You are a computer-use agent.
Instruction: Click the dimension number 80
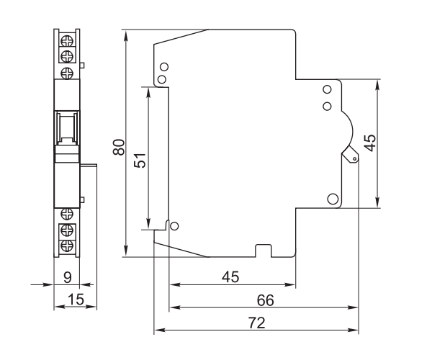pyautogui.click(x=119, y=148)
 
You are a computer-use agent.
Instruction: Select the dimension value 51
pyautogui.click(x=140, y=161)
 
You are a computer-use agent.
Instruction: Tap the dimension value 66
pyautogui.click(x=265, y=300)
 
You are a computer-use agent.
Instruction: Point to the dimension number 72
pyautogui.click(x=257, y=323)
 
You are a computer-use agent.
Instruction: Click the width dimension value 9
pyautogui.click(x=67, y=278)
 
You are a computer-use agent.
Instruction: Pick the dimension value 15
pyautogui.click(x=76, y=300)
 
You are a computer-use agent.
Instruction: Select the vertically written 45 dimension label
pyautogui.click(x=370, y=143)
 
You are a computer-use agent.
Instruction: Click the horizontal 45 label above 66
pyautogui.click(x=230, y=277)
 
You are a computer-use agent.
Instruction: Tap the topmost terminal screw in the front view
pyautogui.click(x=67, y=41)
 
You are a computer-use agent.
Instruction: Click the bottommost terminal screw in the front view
pyautogui.click(x=67, y=246)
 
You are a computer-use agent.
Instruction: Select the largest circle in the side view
pyautogui.click(x=333, y=199)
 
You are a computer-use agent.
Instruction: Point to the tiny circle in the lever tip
pyautogui.click(x=354, y=158)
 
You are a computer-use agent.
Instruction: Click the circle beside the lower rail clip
pyautogui.click(x=174, y=226)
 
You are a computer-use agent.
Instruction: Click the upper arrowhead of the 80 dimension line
pyautogui.click(x=126, y=35)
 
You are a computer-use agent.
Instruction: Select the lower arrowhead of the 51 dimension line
pyautogui.click(x=148, y=223)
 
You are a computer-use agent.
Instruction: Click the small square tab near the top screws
pyautogui.click(x=82, y=66)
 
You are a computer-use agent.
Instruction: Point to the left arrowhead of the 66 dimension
pyautogui.click(x=175, y=307)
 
